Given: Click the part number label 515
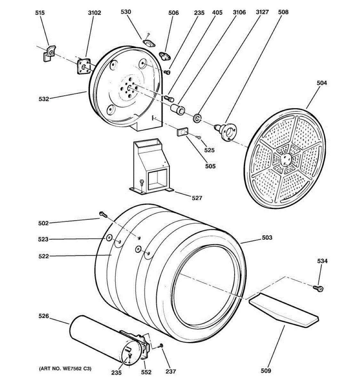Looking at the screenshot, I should coord(40,13).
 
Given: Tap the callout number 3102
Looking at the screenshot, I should coord(94,13).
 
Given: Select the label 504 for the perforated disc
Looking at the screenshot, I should coord(322,83).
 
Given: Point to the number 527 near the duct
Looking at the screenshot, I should coord(197,198).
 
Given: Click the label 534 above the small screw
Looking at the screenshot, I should coord(322,261).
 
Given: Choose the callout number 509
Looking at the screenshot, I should coord(266,371).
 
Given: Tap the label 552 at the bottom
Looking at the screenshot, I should coord(146,372).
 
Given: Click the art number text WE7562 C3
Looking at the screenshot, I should coord(65,369).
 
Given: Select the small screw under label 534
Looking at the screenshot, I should coord(319,289).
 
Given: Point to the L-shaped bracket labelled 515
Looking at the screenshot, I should coord(49,53).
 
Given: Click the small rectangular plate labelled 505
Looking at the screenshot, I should coord(182,132).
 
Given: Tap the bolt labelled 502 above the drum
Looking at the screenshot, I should coord(102,214).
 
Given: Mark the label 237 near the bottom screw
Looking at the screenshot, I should coord(171,371).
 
